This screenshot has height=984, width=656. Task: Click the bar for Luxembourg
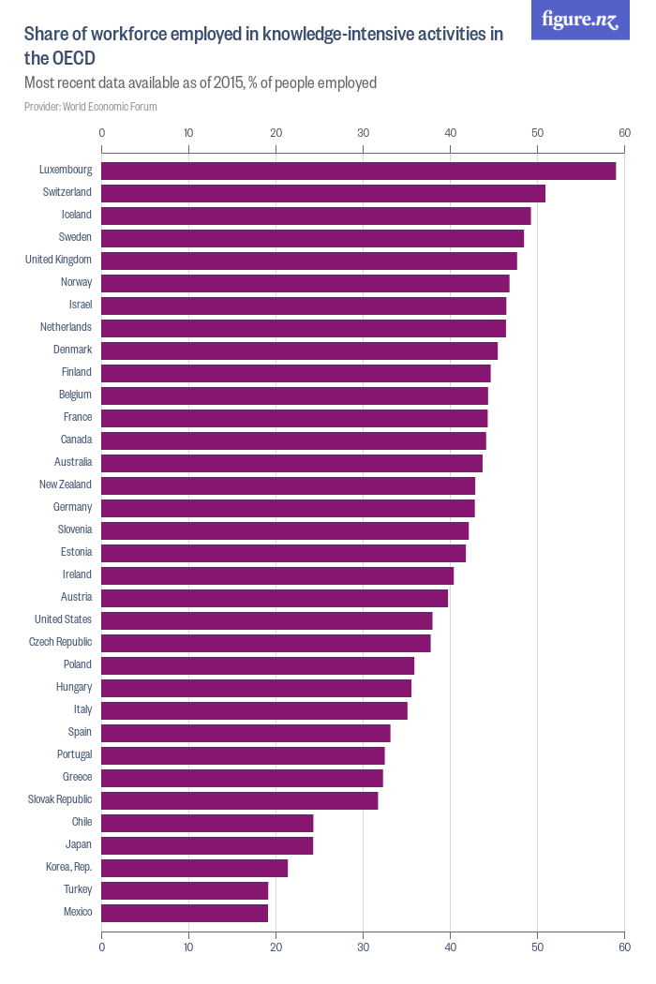(x=358, y=171)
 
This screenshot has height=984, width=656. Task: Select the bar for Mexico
(x=185, y=913)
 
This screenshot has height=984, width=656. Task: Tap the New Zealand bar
(x=288, y=485)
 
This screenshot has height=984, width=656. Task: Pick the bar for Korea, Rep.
(x=194, y=868)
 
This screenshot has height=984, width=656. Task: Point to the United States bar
(x=266, y=620)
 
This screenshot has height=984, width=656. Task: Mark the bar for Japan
(x=207, y=845)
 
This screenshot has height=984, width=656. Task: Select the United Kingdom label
(x=58, y=260)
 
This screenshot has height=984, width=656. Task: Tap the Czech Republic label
(x=60, y=642)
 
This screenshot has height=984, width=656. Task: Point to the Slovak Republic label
(x=60, y=799)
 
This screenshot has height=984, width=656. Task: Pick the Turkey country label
(x=78, y=889)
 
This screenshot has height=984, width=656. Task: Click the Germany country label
(x=73, y=507)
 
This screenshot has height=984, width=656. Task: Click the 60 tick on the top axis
(x=624, y=133)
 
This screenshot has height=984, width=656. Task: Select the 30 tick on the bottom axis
(x=363, y=947)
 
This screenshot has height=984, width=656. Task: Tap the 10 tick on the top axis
(x=188, y=133)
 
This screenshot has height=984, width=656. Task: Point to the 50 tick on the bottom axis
(x=537, y=947)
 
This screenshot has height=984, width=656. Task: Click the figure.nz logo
(x=580, y=20)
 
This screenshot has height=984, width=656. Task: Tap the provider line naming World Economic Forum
(x=91, y=107)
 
